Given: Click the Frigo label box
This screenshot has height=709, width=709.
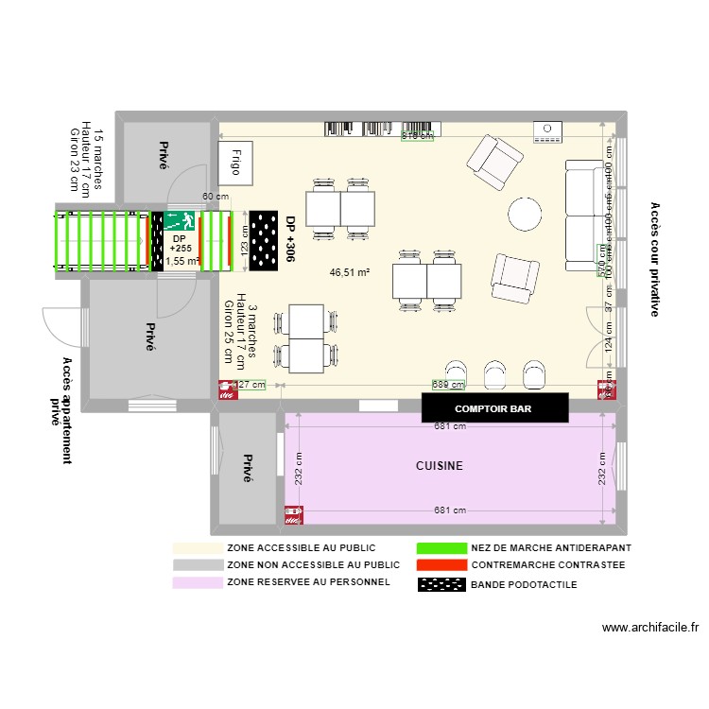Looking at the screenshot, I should coord(233,161).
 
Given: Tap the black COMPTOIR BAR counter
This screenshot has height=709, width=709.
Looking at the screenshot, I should coord(494,408).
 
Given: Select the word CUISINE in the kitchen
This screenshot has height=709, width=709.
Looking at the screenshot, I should coord(440,466).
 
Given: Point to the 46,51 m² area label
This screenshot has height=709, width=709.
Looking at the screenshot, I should coord(349,272).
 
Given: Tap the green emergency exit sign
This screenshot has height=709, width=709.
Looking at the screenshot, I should coord(180,221).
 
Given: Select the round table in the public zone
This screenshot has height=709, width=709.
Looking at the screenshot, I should coord(526,214).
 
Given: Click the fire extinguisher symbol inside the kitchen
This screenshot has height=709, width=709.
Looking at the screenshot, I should coord(294,515).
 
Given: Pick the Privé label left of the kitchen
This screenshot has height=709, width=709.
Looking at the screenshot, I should coord(248,468).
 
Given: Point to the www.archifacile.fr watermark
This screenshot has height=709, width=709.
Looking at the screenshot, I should coord(648,627).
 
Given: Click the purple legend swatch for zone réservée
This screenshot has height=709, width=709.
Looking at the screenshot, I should coord(198,582).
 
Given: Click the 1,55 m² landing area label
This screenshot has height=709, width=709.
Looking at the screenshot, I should coord(182,261).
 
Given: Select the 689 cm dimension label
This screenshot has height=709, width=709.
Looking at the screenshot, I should coord(448,385).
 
